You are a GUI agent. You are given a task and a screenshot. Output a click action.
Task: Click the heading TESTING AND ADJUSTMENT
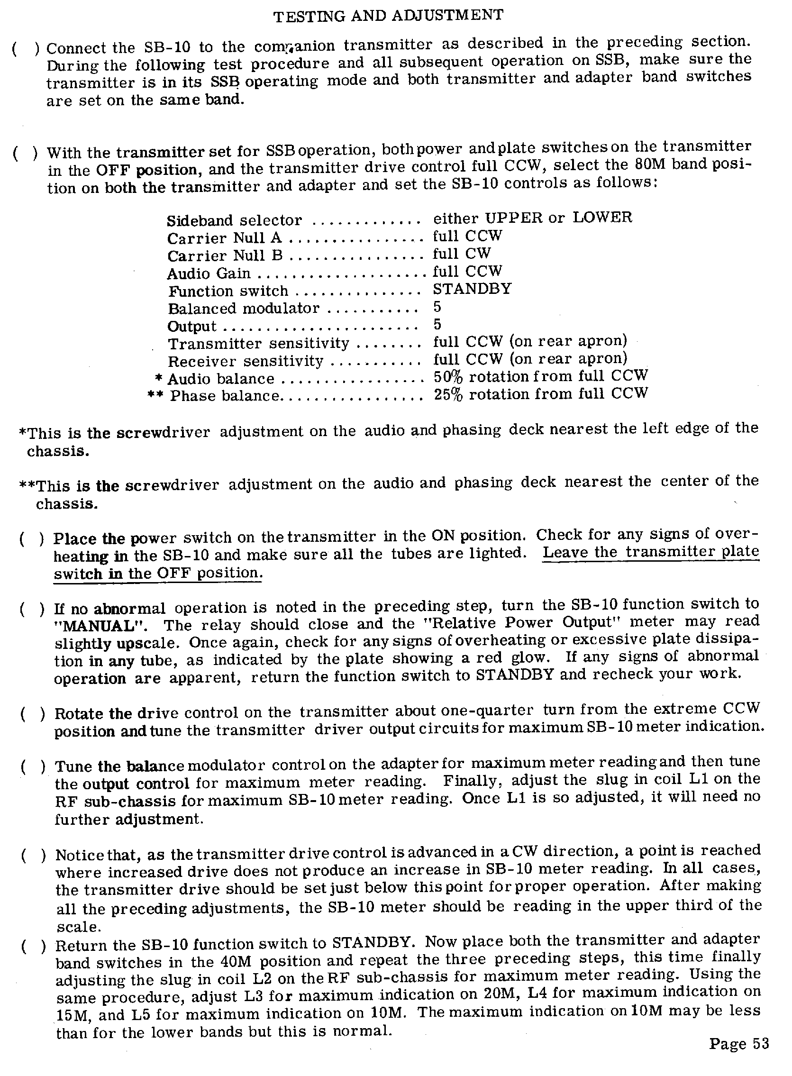(388, 16)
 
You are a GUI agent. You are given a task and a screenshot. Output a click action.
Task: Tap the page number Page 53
(739, 1043)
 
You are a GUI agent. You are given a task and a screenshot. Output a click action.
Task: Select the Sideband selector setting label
(235, 221)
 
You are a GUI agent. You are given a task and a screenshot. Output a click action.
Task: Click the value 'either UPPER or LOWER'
(533, 218)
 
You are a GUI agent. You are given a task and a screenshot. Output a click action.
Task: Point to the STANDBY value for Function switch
(472, 289)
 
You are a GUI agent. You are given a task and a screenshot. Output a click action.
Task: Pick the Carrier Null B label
(225, 256)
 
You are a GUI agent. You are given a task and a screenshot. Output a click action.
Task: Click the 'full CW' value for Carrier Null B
(462, 254)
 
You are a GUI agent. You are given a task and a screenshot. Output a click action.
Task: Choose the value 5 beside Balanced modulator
(437, 307)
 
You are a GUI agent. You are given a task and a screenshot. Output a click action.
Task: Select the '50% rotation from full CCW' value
(541, 376)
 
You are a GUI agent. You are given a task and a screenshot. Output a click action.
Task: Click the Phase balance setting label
(224, 396)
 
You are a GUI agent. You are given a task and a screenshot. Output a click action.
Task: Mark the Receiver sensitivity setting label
(246, 361)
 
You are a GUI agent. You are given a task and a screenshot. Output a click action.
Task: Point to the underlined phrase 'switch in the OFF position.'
(158, 574)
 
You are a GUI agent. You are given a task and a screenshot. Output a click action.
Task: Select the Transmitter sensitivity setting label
(258, 344)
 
